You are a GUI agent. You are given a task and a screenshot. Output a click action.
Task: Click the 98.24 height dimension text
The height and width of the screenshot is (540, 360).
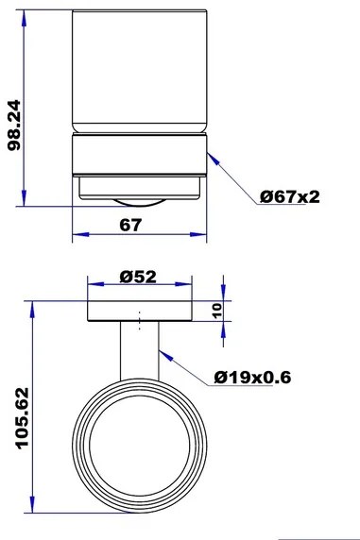pyautogui.click(x=14, y=126)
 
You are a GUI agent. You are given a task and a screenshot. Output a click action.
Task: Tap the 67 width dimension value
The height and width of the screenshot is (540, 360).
pyautogui.click(x=130, y=226)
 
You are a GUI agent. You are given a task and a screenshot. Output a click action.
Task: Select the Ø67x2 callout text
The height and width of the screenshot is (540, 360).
pyautogui.click(x=290, y=196)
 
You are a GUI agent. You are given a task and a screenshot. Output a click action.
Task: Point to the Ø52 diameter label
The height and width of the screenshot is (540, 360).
pyautogui.click(x=138, y=277)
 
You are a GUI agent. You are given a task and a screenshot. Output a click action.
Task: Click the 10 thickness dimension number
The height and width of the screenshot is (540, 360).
pyautogui.click(x=217, y=311)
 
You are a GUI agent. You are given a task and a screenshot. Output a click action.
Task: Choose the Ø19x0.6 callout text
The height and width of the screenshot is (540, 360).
pyautogui.click(x=252, y=377)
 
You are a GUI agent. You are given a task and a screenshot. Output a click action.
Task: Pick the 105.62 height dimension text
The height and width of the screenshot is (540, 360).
pyautogui.click(x=23, y=418)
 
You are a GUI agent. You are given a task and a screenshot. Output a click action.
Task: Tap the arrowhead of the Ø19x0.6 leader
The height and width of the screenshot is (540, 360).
pyautogui.click(x=165, y=356)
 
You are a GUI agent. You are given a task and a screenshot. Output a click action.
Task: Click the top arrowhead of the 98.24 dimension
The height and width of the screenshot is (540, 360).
pyautogui.click(x=24, y=18)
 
